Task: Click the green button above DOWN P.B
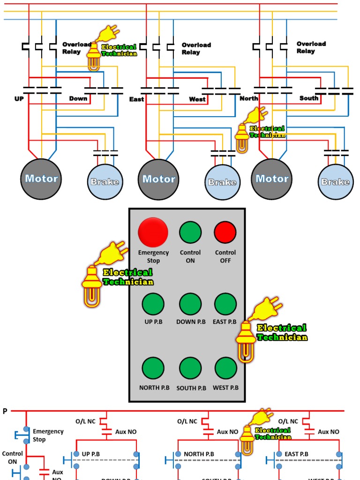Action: [190, 304]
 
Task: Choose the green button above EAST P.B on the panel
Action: [225, 304]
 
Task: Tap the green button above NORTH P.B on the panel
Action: [153, 368]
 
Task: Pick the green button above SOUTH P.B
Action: [190, 368]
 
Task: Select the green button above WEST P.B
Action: [225, 368]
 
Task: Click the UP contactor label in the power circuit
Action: [19, 99]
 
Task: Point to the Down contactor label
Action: [78, 99]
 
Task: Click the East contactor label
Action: [136, 99]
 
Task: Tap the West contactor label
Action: [197, 99]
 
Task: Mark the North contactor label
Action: [249, 99]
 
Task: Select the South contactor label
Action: [309, 98]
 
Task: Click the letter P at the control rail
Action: [5, 411]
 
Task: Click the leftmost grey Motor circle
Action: [41, 179]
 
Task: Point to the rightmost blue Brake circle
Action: [336, 182]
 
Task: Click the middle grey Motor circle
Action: [158, 179]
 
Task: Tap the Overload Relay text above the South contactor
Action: [311, 47]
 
